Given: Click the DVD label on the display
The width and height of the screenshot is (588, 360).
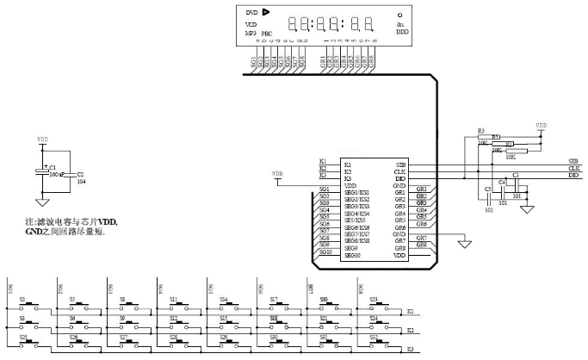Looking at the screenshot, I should click(x=251, y=13).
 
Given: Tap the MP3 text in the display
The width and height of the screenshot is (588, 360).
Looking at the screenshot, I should click(x=251, y=33).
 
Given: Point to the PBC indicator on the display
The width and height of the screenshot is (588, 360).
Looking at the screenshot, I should click(x=267, y=34).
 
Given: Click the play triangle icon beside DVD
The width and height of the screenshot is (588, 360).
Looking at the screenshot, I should click(x=266, y=12).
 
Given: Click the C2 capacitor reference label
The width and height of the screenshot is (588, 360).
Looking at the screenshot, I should click(x=80, y=174).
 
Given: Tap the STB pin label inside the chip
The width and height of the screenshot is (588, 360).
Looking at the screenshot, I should click(x=400, y=163).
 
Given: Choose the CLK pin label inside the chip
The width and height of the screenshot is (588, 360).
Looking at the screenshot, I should click(x=400, y=171).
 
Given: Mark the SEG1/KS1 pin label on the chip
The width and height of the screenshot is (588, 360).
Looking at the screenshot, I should click(x=356, y=192).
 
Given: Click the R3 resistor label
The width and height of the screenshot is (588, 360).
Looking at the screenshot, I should click(x=480, y=131).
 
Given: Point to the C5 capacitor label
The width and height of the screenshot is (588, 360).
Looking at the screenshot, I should click(x=488, y=188).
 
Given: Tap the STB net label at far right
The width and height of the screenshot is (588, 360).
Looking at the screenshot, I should click(x=573, y=161).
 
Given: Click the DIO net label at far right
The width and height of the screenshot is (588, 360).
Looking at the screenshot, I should click(x=573, y=175).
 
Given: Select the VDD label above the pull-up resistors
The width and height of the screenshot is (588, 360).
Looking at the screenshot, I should click(x=541, y=125).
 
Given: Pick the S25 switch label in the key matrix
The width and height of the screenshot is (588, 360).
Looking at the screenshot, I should click(x=23, y=336).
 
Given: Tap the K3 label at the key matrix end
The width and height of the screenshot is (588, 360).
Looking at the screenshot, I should click(x=411, y=348).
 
